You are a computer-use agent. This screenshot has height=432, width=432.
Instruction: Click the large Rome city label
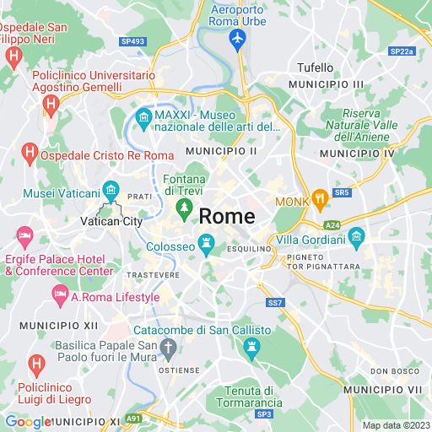coord(226,216)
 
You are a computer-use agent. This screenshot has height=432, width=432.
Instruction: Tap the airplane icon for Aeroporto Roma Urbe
coord(237,38)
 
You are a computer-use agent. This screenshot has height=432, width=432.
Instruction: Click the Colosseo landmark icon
coord(205,246)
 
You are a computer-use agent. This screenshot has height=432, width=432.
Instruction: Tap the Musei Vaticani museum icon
coord(109,189)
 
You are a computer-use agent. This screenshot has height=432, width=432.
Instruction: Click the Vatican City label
coord(111,221)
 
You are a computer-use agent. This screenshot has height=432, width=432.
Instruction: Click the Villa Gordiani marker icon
coord(355,235)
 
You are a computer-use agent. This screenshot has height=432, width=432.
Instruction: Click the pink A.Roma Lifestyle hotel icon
coord(60,296)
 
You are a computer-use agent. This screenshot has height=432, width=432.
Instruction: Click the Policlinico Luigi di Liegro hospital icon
coord(36,364)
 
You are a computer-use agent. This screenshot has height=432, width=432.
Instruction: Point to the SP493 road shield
coord(132,40)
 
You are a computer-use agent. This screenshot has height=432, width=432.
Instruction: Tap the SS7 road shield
coord(275,302)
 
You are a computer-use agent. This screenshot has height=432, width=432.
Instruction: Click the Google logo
coord(28,422)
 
